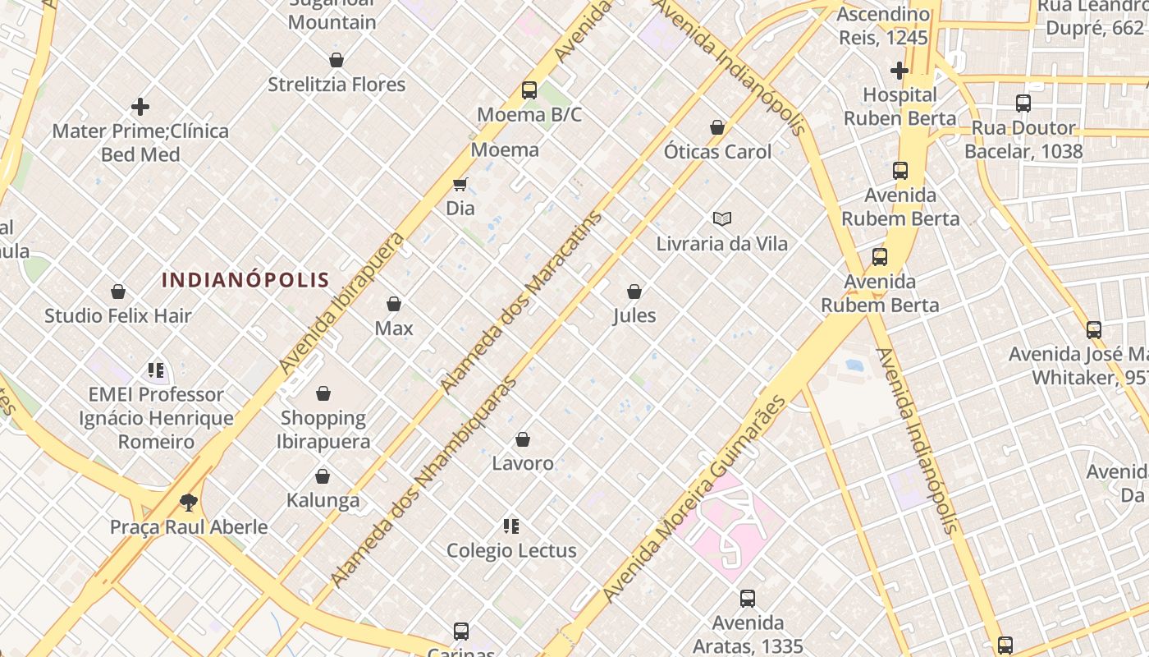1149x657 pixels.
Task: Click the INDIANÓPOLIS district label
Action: coord(245,280)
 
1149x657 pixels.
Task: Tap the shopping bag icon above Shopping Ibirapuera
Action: coord(323,393)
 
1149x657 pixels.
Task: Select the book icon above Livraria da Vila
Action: coord(722,219)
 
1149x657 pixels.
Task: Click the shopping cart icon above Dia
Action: coord(460,185)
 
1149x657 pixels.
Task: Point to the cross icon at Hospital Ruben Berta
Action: coord(900,71)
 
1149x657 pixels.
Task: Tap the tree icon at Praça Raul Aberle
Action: coord(189,503)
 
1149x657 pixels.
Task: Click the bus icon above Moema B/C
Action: coord(529,90)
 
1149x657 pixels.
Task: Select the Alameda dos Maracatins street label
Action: coord(521,302)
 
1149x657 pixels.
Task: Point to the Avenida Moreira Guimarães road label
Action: coord(694,499)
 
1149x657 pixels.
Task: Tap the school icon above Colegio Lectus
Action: coord(511,526)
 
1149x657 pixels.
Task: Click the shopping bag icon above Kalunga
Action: coord(323,476)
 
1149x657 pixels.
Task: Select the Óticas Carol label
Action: coord(717,152)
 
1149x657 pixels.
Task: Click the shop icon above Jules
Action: coord(634,292)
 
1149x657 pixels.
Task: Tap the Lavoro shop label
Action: coord(523,463)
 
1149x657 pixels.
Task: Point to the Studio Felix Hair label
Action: coord(118,315)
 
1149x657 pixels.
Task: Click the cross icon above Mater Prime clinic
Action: coord(140,107)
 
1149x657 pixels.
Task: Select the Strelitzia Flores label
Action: coord(336,85)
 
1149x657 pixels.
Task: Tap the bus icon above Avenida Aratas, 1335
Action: coord(748,599)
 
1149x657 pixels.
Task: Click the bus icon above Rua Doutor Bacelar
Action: coord(1023,103)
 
